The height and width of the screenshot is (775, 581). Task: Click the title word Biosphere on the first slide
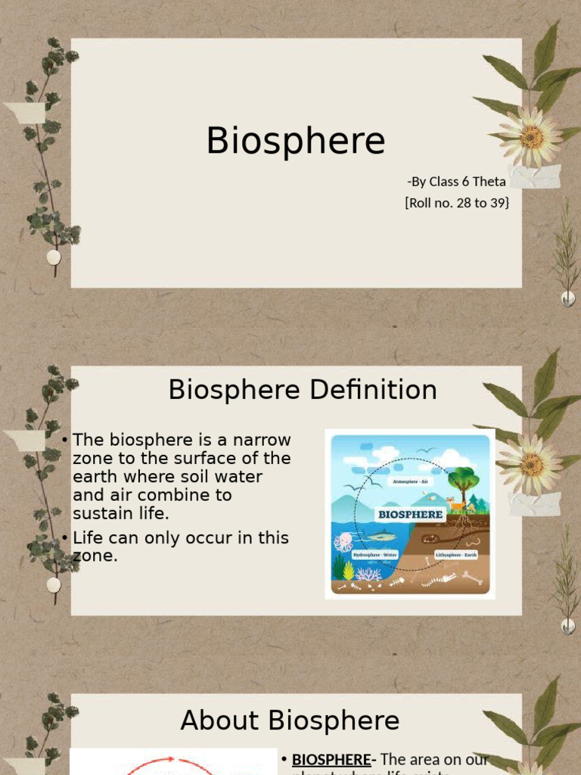coord(296,142)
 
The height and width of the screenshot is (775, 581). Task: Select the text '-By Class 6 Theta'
coord(456,182)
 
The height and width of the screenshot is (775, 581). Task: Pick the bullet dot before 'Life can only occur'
coord(67,538)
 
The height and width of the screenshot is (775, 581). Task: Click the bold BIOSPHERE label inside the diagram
coord(410,515)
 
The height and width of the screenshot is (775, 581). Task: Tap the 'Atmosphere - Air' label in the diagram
coord(409,481)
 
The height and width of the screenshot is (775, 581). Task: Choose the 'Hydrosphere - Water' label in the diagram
coord(375,555)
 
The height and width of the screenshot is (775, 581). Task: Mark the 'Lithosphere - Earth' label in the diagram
coord(456,555)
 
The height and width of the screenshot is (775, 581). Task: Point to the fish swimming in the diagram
coord(381,537)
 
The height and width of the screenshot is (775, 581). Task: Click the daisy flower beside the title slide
coord(532,137)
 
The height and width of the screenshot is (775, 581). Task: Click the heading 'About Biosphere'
coord(290,721)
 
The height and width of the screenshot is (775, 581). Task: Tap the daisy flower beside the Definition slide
coord(532,464)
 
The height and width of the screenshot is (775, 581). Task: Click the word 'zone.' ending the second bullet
coord(95,556)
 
